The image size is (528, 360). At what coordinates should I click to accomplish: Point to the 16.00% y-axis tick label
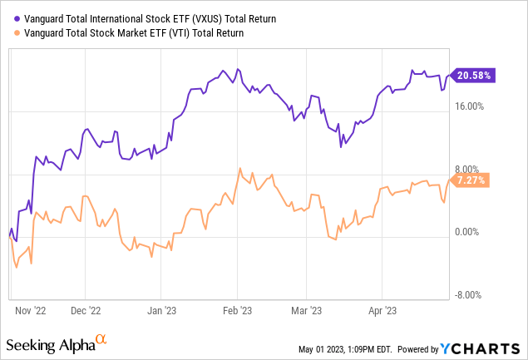pos(471,106)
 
